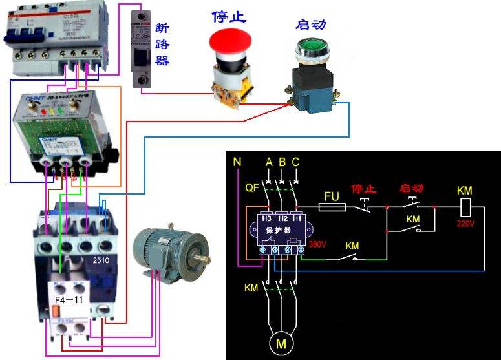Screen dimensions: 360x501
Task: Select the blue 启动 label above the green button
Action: (x=310, y=25)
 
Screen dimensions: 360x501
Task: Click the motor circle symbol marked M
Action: (x=282, y=343)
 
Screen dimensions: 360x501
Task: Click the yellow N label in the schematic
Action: (x=237, y=162)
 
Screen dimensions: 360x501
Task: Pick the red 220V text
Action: (x=465, y=224)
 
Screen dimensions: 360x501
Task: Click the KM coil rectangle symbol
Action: (x=465, y=207)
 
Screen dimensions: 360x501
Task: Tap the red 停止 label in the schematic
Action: (x=363, y=189)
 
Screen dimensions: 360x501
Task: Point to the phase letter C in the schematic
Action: (x=295, y=162)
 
